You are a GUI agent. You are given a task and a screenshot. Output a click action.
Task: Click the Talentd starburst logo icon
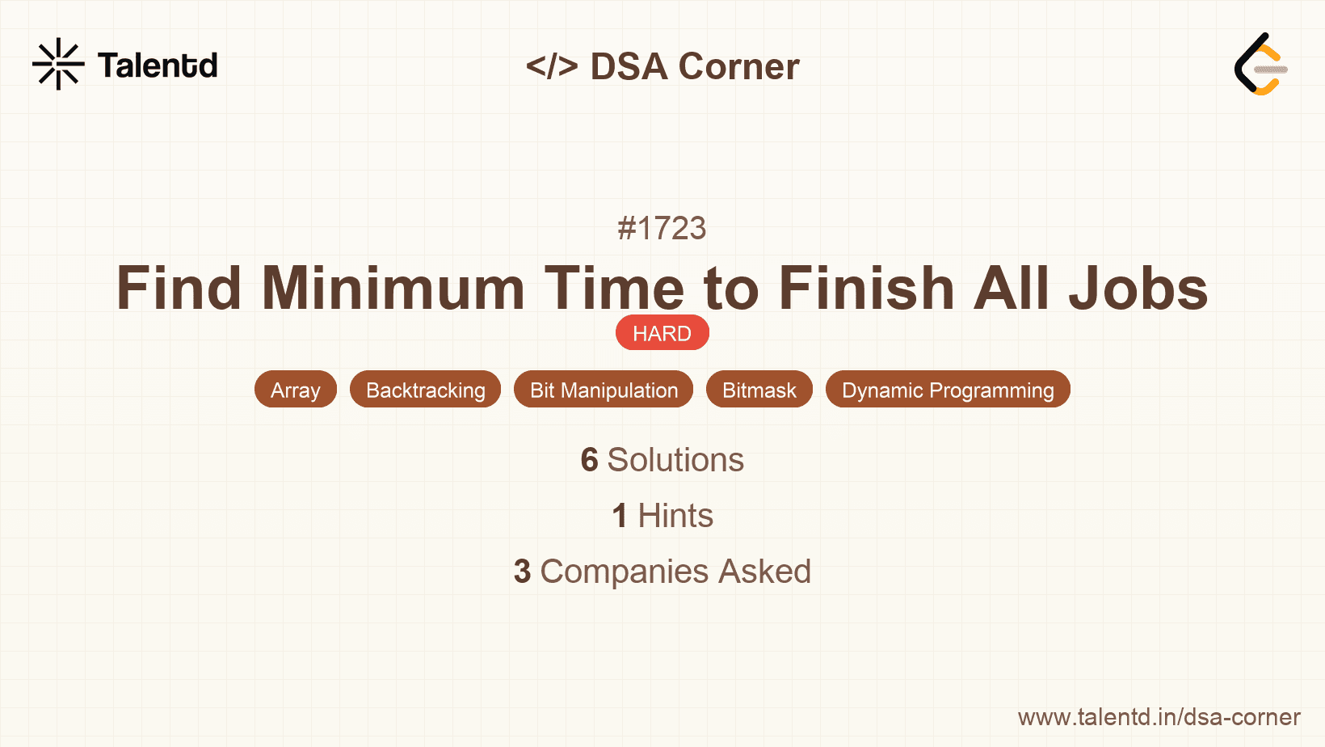point(58,64)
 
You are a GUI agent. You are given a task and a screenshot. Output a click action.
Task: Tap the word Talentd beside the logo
point(158,65)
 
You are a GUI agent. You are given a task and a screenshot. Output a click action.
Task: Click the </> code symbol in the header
point(552,66)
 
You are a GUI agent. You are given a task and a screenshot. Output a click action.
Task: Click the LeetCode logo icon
point(1261,65)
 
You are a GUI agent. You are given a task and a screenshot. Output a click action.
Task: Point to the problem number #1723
point(662,229)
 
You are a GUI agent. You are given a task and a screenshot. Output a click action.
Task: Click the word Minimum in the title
point(393,289)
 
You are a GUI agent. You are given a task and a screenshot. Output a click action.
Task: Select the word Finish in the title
point(866,289)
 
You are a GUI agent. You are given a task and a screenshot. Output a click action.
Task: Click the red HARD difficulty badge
point(662,333)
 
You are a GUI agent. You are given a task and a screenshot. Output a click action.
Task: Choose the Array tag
point(296,390)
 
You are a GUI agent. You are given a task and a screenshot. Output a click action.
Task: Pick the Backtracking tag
point(426,390)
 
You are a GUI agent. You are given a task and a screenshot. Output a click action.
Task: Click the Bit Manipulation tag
point(604,390)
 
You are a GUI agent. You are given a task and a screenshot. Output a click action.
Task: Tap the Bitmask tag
point(759,390)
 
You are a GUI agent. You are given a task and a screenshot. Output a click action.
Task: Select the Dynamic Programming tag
point(948,390)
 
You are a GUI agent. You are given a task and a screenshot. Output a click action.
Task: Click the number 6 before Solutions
point(589,460)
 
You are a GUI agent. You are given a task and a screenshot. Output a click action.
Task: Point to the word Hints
point(675,516)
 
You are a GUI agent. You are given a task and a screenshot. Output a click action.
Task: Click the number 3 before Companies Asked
point(523,572)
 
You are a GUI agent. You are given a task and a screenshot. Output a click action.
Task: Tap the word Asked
point(764,572)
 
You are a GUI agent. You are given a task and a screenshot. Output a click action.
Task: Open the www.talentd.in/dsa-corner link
point(1159,717)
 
